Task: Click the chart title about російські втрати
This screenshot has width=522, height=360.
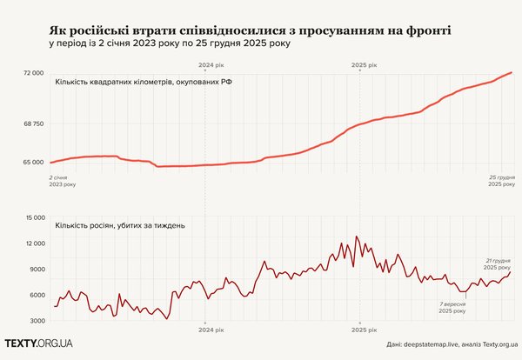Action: pyautogui.click(x=252, y=31)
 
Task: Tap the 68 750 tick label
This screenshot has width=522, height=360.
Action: pyautogui.click(x=32, y=124)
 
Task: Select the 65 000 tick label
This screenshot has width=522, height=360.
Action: pyautogui.click(x=32, y=162)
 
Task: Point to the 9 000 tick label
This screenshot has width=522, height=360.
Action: pyautogui.click(x=35, y=270)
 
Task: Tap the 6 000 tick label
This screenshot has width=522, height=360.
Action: pyautogui.click(x=35, y=296)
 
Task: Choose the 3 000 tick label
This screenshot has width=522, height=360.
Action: pyautogui.click(x=35, y=321)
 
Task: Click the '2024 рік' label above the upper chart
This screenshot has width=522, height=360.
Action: pyautogui.click(x=211, y=65)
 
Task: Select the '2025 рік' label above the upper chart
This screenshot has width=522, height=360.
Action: pyautogui.click(x=363, y=65)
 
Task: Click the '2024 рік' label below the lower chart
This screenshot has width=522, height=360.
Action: pyautogui.click(x=211, y=330)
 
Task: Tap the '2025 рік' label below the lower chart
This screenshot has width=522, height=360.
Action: pyautogui.click(x=363, y=330)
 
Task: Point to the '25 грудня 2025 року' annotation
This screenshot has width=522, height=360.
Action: pyautogui.click(x=499, y=180)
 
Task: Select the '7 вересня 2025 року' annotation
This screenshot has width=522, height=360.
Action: pyautogui.click(x=452, y=307)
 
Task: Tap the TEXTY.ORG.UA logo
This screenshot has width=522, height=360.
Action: pyautogui.click(x=39, y=344)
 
